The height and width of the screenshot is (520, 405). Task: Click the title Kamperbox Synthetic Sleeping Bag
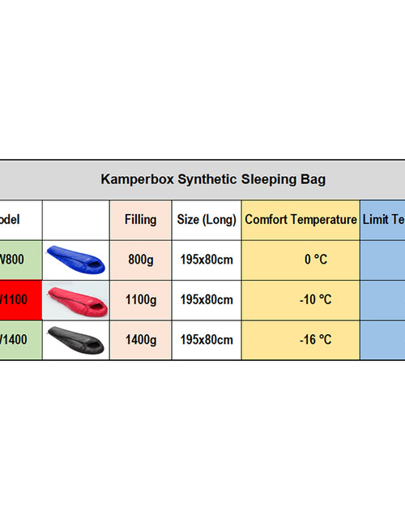tap(213, 179)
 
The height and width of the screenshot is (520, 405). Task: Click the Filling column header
tap(140, 220)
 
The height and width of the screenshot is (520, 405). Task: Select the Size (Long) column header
tap(207, 220)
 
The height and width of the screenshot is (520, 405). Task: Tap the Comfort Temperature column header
tap(301, 220)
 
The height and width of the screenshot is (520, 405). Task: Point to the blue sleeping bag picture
tap(75, 260)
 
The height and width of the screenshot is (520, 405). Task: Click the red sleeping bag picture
tap(75, 299)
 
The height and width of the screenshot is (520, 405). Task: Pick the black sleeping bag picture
tap(75, 340)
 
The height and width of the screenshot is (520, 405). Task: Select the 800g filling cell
tap(140, 260)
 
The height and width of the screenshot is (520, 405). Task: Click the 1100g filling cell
tap(140, 299)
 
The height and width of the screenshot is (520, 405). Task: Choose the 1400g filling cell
tap(140, 340)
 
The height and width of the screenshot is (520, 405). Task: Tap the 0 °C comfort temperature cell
tap(301, 260)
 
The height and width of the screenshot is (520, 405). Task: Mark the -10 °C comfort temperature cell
tap(301, 299)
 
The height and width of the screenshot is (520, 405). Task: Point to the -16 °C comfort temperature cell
tap(301, 340)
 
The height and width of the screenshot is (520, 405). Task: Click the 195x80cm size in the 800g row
tap(207, 260)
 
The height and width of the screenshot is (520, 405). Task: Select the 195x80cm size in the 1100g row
tap(207, 299)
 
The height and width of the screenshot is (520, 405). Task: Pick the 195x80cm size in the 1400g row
tap(207, 340)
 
